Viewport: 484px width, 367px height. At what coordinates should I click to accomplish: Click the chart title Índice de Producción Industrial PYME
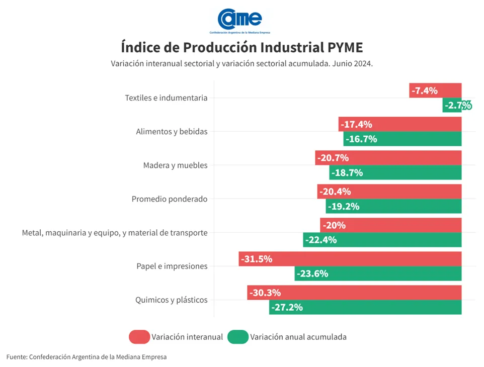[241, 47]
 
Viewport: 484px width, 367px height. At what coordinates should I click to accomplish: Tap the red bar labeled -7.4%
[435, 90]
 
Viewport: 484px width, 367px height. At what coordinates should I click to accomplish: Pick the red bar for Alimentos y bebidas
[400, 124]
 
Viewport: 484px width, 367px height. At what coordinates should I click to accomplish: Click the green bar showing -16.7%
[402, 139]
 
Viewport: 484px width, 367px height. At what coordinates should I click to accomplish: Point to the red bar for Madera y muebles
[388, 158]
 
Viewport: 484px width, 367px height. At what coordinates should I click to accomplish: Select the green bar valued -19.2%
[393, 206]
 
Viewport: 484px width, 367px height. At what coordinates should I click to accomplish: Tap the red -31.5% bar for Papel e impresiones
[350, 259]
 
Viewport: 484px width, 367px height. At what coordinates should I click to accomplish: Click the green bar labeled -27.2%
[365, 307]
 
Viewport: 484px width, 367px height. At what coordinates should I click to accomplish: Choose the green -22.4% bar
[382, 240]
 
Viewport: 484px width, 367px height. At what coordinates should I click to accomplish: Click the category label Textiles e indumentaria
[166, 98]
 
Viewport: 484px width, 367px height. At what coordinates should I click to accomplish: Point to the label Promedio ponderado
[169, 199]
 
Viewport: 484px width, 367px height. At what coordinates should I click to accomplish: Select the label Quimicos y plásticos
[171, 300]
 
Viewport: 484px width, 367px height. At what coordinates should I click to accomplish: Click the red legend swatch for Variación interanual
[139, 337]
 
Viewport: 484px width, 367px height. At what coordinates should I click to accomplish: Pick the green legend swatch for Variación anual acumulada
[238, 337]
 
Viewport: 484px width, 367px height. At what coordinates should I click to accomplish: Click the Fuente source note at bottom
[87, 357]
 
